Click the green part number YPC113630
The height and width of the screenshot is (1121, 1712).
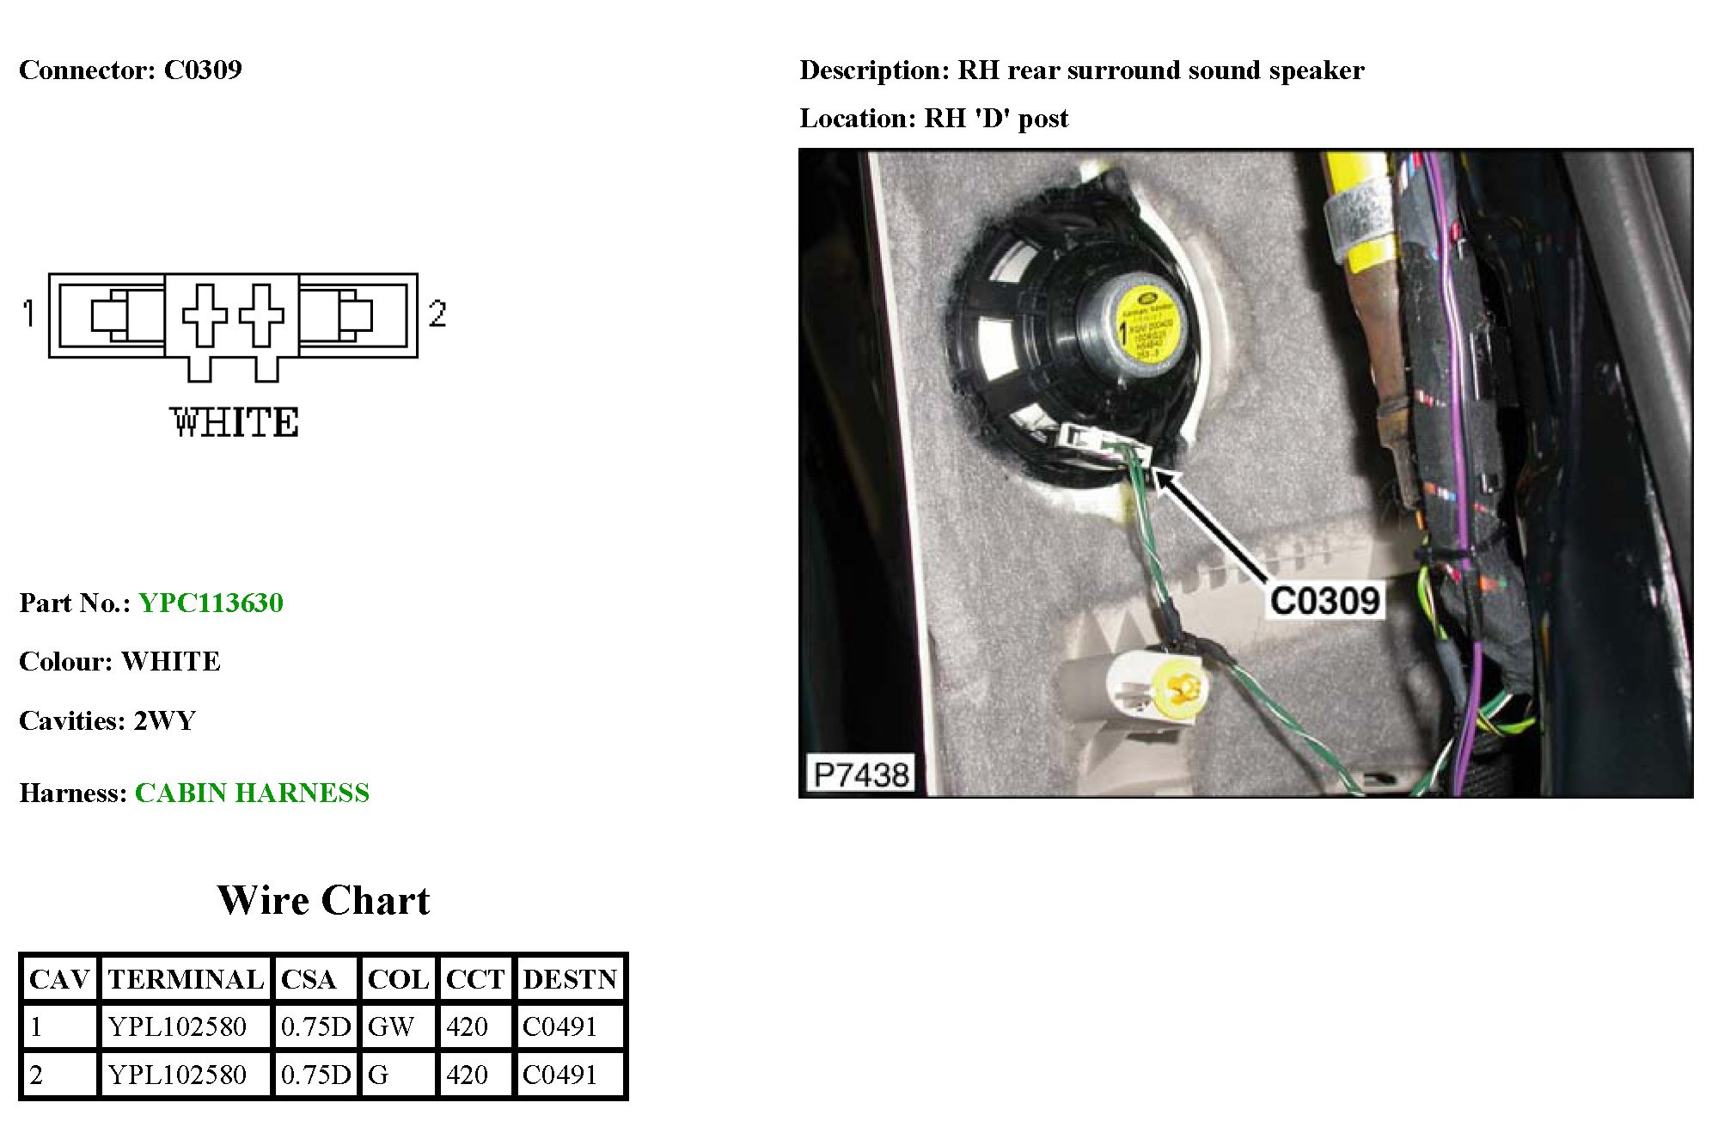[x=211, y=603]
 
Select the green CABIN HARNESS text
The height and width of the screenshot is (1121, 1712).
[x=252, y=793]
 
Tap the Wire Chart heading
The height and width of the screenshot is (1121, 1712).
[x=323, y=900]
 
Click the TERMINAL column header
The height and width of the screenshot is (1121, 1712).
[x=186, y=979]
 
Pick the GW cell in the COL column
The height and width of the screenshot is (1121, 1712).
[x=391, y=1026]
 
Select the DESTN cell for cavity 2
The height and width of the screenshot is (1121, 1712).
[x=559, y=1075]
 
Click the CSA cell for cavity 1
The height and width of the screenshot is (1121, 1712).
[x=315, y=1026]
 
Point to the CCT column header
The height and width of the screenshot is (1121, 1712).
[x=474, y=979]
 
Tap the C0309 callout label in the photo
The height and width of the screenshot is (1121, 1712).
[x=1324, y=601]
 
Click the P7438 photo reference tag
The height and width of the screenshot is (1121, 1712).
[x=861, y=775]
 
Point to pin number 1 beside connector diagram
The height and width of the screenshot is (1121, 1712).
[x=29, y=313]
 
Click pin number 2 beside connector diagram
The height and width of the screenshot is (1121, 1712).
[x=437, y=313]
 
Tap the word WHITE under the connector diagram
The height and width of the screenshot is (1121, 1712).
[x=235, y=423]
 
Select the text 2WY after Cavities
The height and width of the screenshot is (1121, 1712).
[x=165, y=720]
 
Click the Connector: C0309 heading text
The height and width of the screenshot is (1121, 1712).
[x=131, y=70]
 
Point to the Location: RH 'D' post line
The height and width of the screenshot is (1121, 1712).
[x=933, y=118]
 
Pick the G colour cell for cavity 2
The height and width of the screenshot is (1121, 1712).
[x=378, y=1075]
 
